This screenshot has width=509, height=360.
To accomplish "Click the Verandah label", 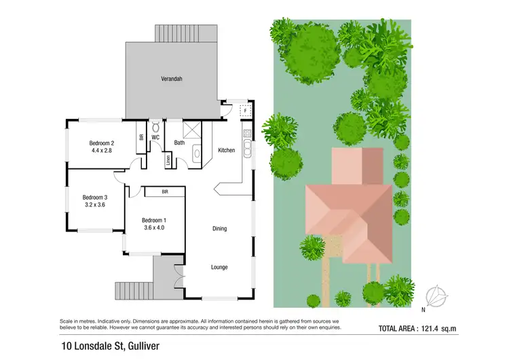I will pos(172,79).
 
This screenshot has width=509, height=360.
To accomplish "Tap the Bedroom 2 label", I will pos(100,143).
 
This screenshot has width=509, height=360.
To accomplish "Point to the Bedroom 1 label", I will pos(153,220).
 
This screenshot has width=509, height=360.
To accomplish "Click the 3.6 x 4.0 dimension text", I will pos(153,228).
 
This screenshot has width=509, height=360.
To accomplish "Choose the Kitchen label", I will pos(226,150).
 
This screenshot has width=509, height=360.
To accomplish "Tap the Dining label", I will pos(219,228).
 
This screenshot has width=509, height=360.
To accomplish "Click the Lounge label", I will pos(219,267).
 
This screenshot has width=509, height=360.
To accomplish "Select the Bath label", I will pos(179,143).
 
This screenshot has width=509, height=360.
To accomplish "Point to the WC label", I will pos(155,137).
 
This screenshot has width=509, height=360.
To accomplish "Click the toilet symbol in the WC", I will pos(155,126).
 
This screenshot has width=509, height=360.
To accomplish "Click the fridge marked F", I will pos(246,110).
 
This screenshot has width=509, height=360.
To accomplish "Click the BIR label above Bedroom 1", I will pos(165,192).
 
